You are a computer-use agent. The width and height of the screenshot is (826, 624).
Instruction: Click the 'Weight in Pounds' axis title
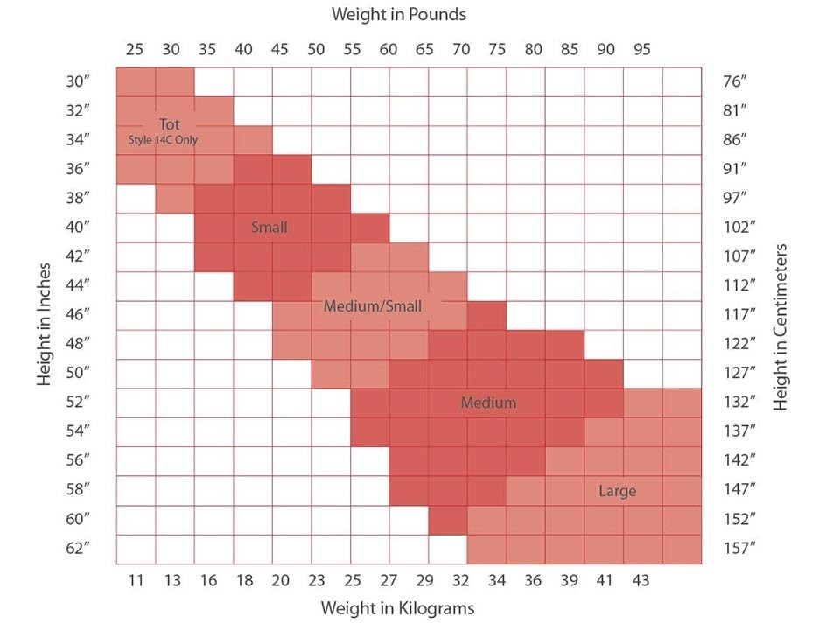click(x=398, y=14)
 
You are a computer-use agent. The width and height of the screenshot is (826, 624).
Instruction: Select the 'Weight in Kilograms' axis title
click(x=397, y=607)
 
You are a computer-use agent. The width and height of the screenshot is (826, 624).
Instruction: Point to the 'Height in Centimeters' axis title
click(x=781, y=326)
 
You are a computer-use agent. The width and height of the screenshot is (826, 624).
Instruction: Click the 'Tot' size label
click(x=170, y=124)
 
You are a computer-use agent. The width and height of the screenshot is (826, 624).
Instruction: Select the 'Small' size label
click(x=269, y=228)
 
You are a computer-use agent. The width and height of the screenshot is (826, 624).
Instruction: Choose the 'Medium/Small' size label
click(x=372, y=306)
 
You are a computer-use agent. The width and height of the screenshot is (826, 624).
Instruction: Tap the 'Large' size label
click(x=617, y=491)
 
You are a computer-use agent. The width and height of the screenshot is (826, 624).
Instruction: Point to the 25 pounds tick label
click(x=135, y=49)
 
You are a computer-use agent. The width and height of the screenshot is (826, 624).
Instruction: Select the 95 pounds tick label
click(x=642, y=49)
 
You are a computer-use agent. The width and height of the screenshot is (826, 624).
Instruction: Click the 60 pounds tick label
click(x=388, y=49)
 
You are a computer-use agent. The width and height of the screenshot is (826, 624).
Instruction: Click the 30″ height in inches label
click(x=78, y=82)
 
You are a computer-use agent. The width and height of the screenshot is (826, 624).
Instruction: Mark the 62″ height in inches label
click(x=78, y=549)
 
